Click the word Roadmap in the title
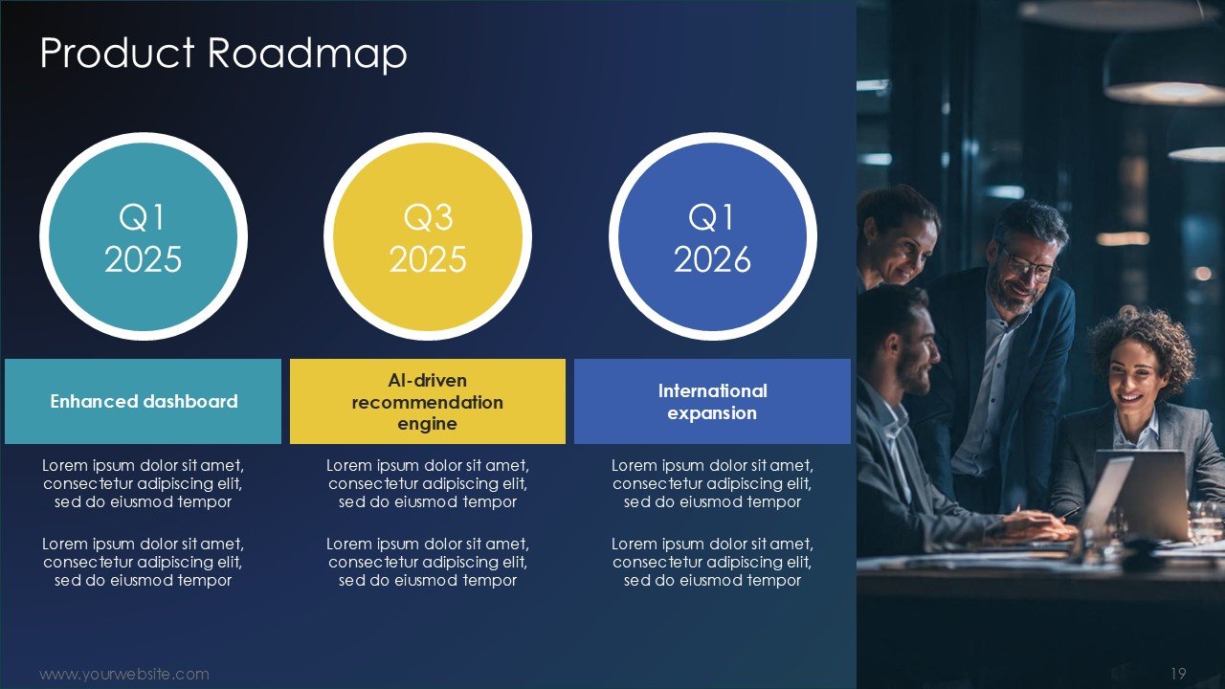point(307,53)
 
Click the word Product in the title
point(117,53)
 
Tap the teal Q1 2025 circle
point(144,236)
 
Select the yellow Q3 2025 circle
point(428,236)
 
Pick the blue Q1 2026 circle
point(713,236)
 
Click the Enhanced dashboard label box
point(144,401)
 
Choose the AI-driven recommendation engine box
point(428,401)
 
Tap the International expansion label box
point(713,401)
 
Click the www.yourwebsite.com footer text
point(124,674)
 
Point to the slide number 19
point(1178,673)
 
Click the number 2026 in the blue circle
point(713,259)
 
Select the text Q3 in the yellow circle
point(428,217)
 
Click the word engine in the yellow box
point(427,424)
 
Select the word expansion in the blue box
point(712,412)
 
